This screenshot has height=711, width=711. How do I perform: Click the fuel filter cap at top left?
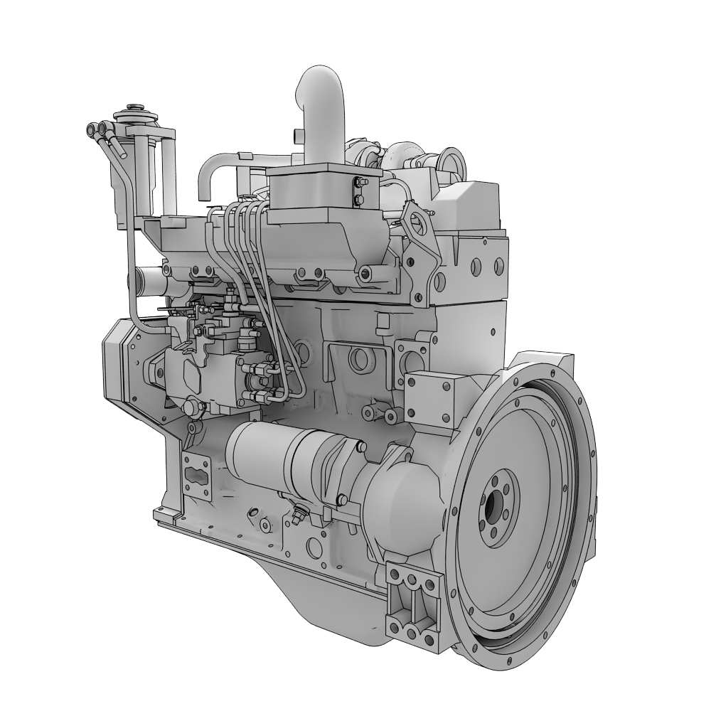click(x=132, y=112)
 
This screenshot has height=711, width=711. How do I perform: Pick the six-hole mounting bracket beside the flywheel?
click(x=412, y=601)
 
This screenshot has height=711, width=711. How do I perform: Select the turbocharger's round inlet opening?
click(x=451, y=160)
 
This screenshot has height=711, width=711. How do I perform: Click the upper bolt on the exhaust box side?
click(x=358, y=183)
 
